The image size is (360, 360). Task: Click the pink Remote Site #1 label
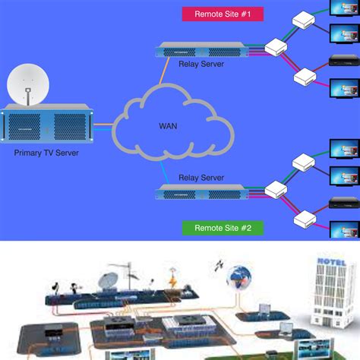point(218,13)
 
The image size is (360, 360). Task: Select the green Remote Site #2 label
point(218,206)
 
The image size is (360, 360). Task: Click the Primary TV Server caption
point(46,153)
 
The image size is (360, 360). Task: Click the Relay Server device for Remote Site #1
point(200,50)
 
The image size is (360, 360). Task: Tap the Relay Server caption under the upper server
point(201,65)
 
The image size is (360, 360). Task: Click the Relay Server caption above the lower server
point(201,177)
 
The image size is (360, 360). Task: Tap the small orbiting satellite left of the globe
point(219,267)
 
